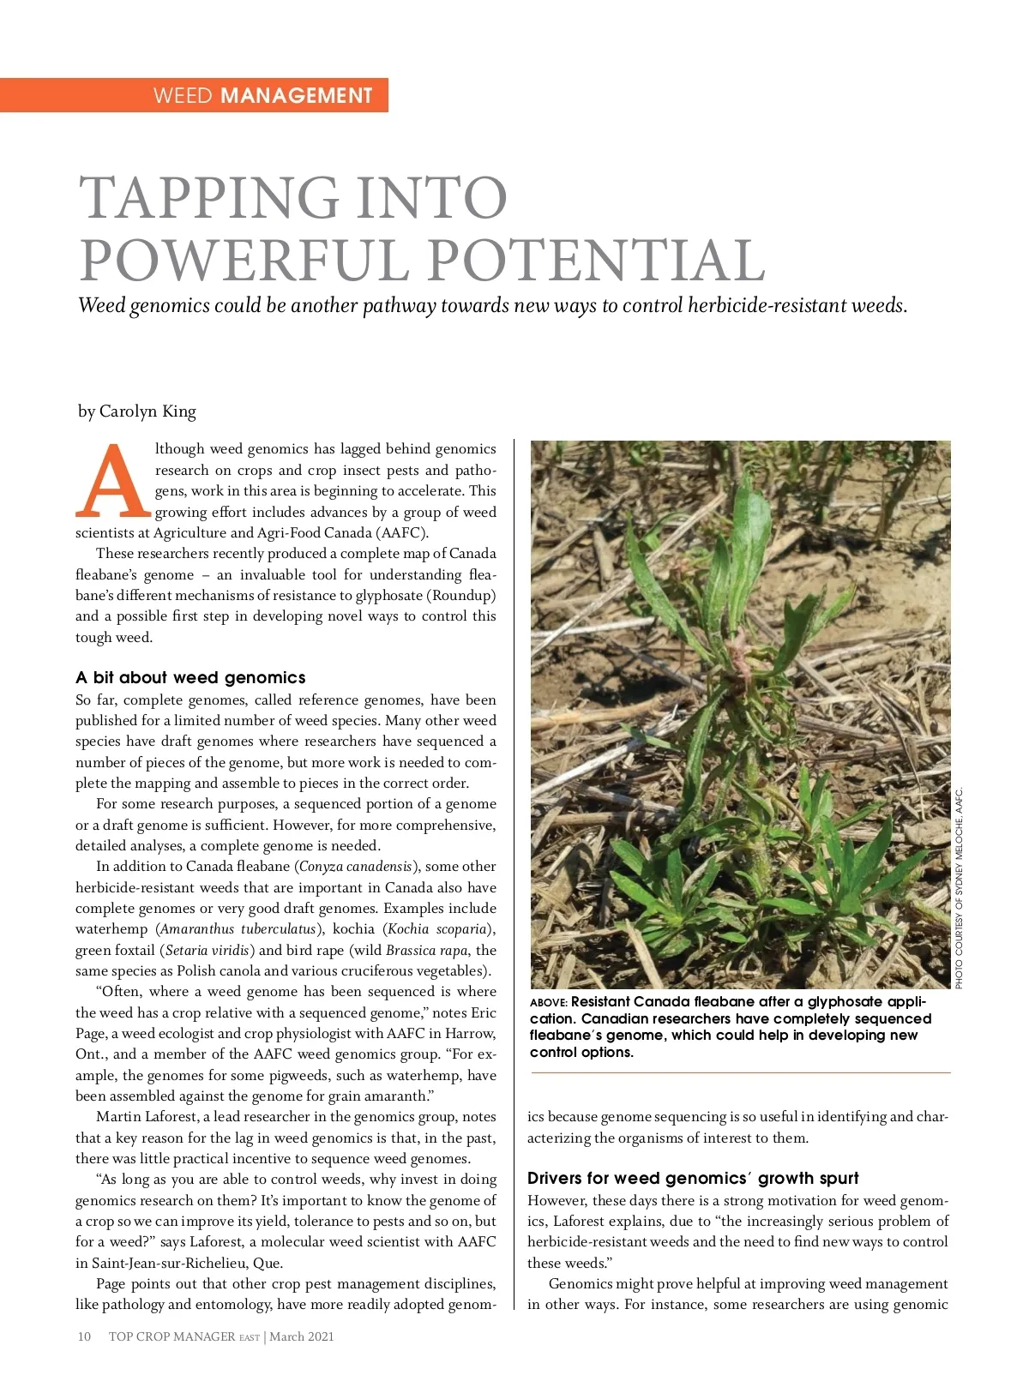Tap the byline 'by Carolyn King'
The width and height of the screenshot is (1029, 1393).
[x=137, y=411]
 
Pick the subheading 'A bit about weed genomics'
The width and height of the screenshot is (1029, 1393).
[x=190, y=677]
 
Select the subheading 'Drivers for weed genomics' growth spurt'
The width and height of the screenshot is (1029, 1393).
[x=693, y=1178]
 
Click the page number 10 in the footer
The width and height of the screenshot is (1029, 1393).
[x=84, y=1336]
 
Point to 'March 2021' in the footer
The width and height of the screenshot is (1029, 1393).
[x=302, y=1336]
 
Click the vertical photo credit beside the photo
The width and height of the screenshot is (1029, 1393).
[x=960, y=887]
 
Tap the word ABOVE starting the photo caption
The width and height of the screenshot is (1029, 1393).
[x=548, y=1003]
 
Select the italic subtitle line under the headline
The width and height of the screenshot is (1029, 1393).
[x=492, y=306]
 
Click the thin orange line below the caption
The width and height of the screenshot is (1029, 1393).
[x=740, y=1072]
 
